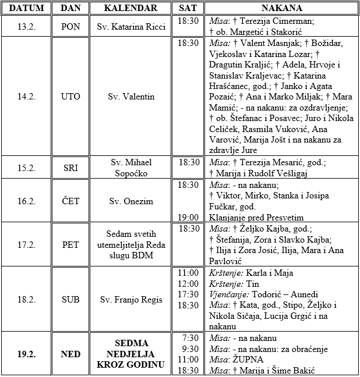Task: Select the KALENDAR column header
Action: tap(130, 8)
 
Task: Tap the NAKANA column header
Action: tap(281, 8)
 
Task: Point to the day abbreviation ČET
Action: tap(70, 201)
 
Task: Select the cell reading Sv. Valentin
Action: tap(131, 97)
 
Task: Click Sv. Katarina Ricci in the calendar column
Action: tap(131, 27)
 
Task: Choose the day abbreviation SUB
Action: tap(70, 300)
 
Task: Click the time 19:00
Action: tap(188, 218)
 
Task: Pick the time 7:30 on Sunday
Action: tap(190, 338)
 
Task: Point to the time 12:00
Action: tap(188, 283)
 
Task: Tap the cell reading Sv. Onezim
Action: tap(131, 201)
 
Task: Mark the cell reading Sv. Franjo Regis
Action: tap(131, 300)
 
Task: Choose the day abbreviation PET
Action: tap(70, 245)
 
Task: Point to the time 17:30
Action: tap(188, 294)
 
